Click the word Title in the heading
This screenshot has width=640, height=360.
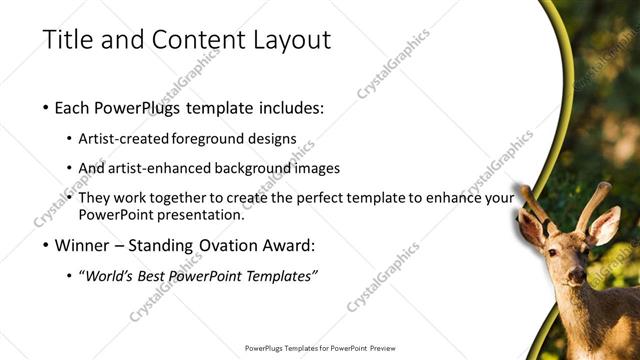65,40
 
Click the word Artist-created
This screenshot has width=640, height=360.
123,138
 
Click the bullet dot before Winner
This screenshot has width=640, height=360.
47,246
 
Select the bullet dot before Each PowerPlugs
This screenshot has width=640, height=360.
47,107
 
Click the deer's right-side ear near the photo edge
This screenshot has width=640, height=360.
606,225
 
